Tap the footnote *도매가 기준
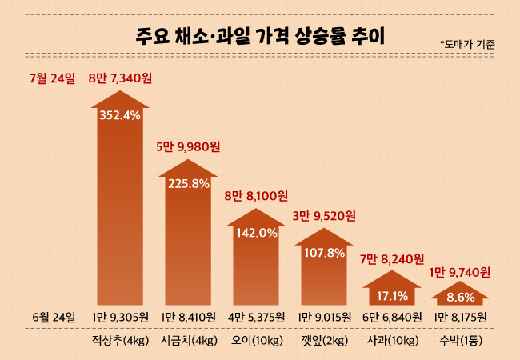pos(467,45)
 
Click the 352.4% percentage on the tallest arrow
pos(120,115)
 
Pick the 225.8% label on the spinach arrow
pos(189,183)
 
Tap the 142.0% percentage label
pos(257,233)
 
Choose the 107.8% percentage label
pos(324,253)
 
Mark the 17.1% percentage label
pos(392,296)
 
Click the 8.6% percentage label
pos(460,298)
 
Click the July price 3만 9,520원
pos(324,215)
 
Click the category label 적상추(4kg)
pos(120,342)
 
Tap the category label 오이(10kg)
pos(256,342)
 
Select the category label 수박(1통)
pos(460,342)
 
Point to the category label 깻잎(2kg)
pos(324,342)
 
